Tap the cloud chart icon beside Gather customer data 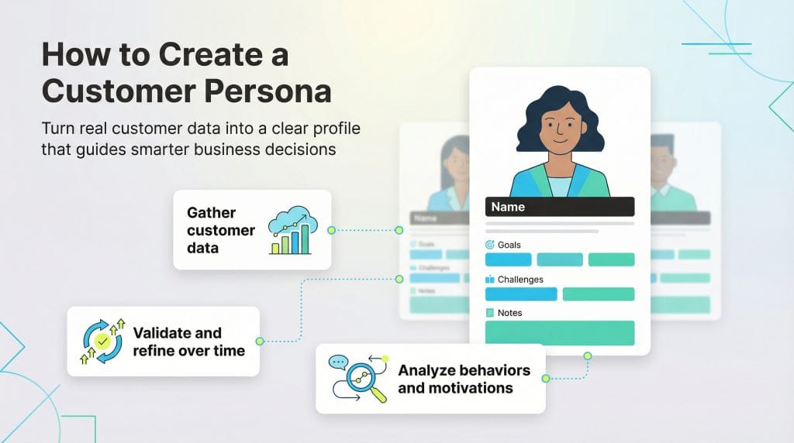point(289,230)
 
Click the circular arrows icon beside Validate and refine point(101,342)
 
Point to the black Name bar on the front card point(559,207)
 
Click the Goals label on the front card point(509,245)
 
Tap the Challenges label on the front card point(520,279)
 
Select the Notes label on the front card point(509,313)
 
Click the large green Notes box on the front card point(559,333)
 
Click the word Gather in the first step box point(211,213)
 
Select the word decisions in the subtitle point(299,149)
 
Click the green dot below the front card point(587,356)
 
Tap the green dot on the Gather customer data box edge point(331,230)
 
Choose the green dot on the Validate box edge point(259,341)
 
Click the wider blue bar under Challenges point(521,294)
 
